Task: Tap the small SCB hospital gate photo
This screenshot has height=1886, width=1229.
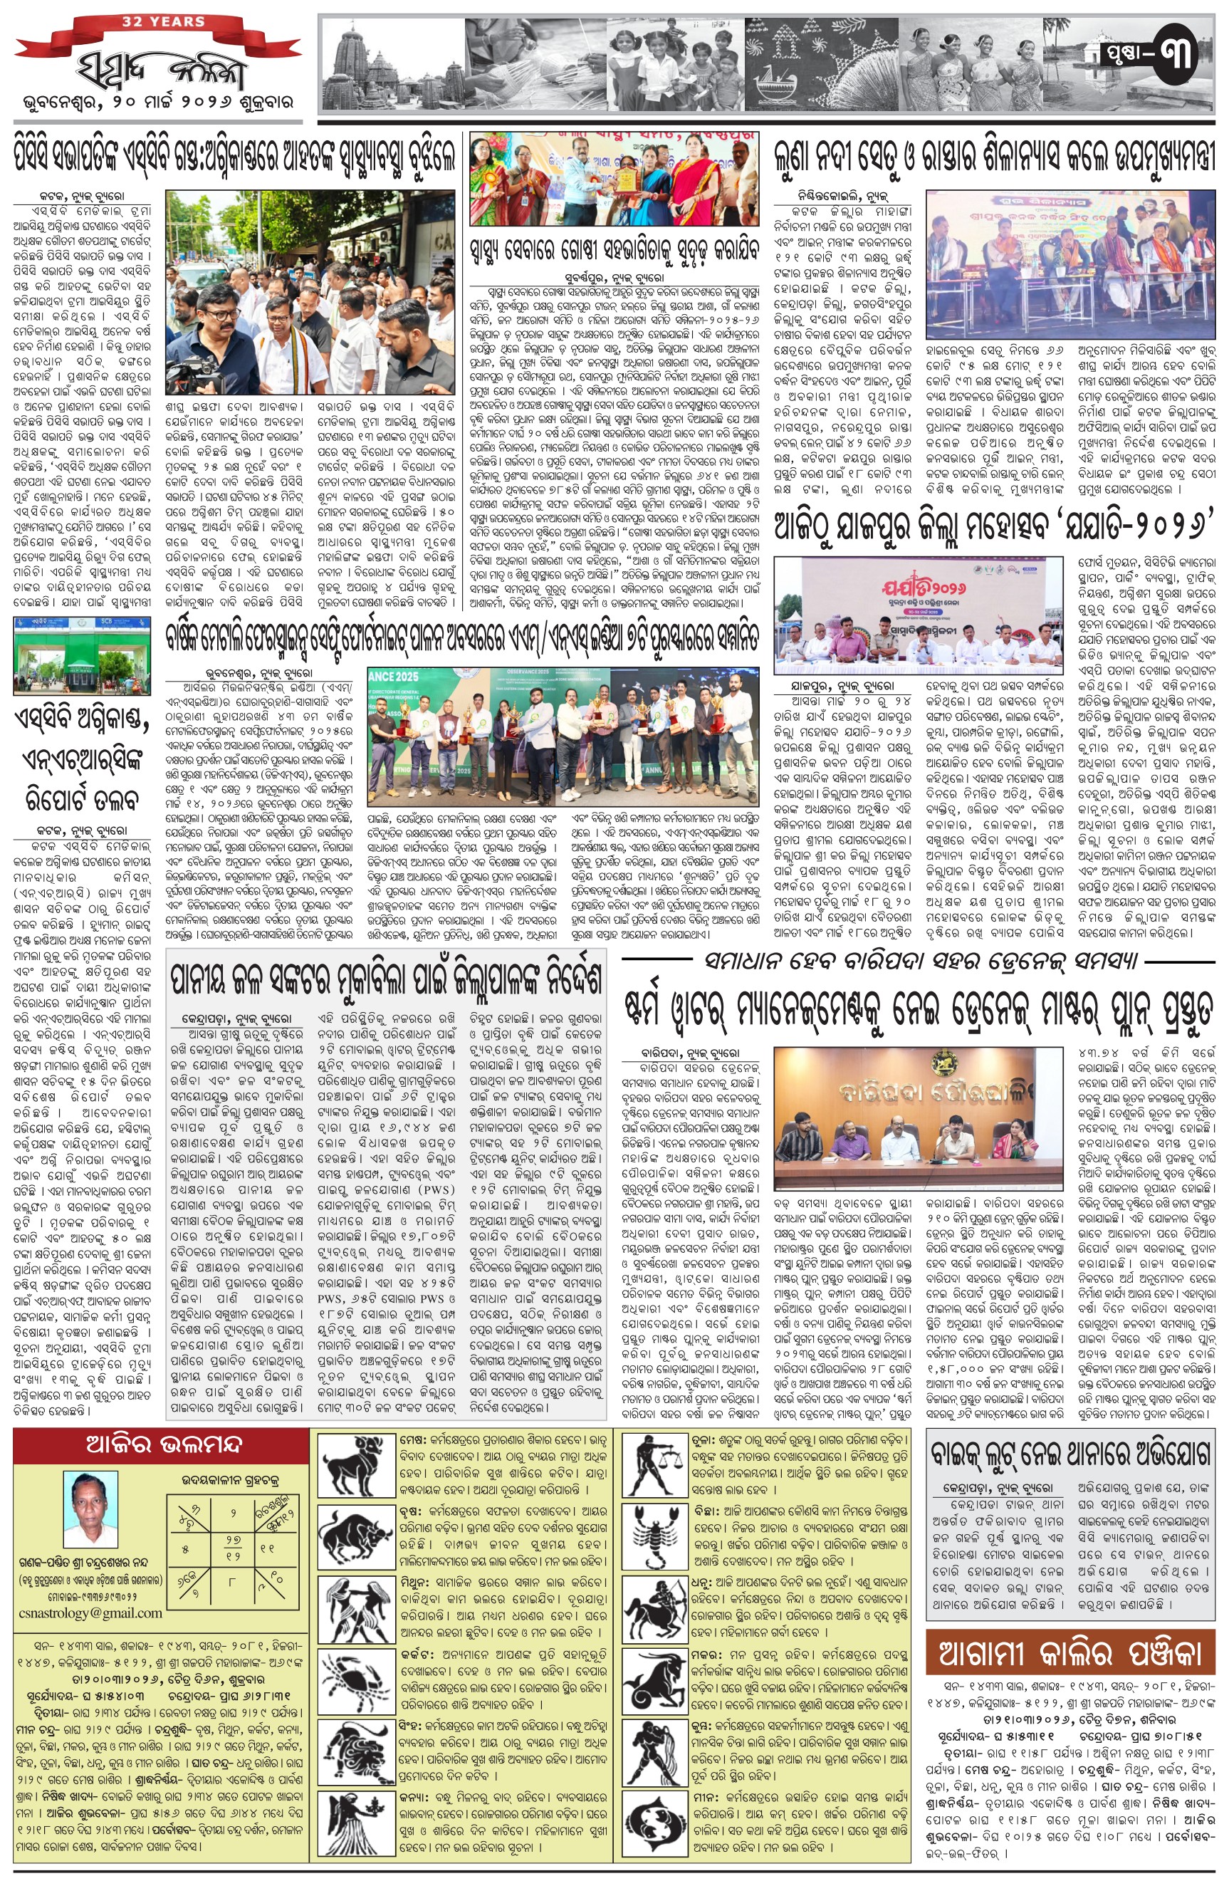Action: (x=83, y=655)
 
